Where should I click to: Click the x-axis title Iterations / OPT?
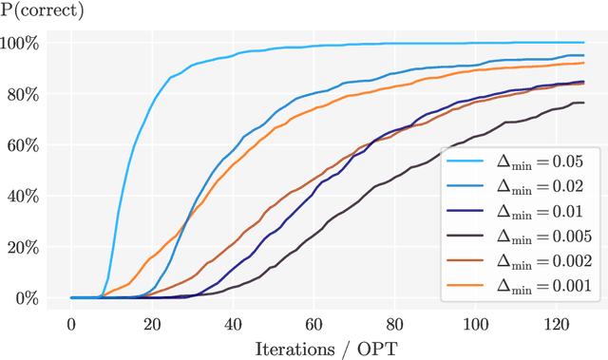pyautogui.click(x=326, y=348)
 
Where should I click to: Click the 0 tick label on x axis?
pyautogui.click(x=71, y=322)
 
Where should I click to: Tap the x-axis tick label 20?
pyautogui.click(x=153, y=322)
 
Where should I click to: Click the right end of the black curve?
pyautogui.click(x=582, y=103)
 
